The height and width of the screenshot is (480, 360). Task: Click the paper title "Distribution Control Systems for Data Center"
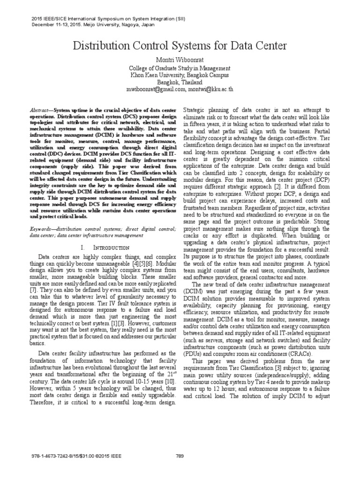[x=180, y=46]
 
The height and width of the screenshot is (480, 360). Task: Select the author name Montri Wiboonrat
[x=180, y=60]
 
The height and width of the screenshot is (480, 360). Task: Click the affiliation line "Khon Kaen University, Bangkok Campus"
[x=180, y=75]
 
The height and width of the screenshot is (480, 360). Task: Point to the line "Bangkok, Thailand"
[x=180, y=82]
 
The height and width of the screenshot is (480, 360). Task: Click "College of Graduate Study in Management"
[x=180, y=68]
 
